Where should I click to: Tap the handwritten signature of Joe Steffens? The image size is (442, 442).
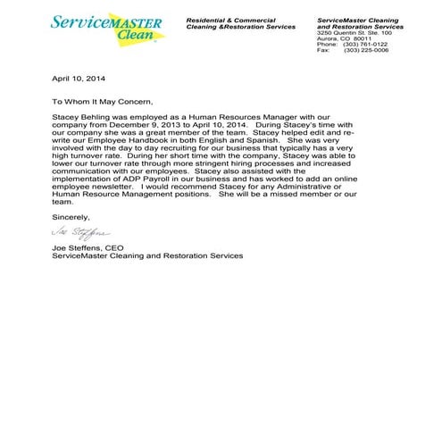[79, 235]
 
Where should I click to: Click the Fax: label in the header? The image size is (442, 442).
[324, 51]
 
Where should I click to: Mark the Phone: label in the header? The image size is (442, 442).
[327, 44]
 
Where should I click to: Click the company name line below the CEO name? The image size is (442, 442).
[146, 256]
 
